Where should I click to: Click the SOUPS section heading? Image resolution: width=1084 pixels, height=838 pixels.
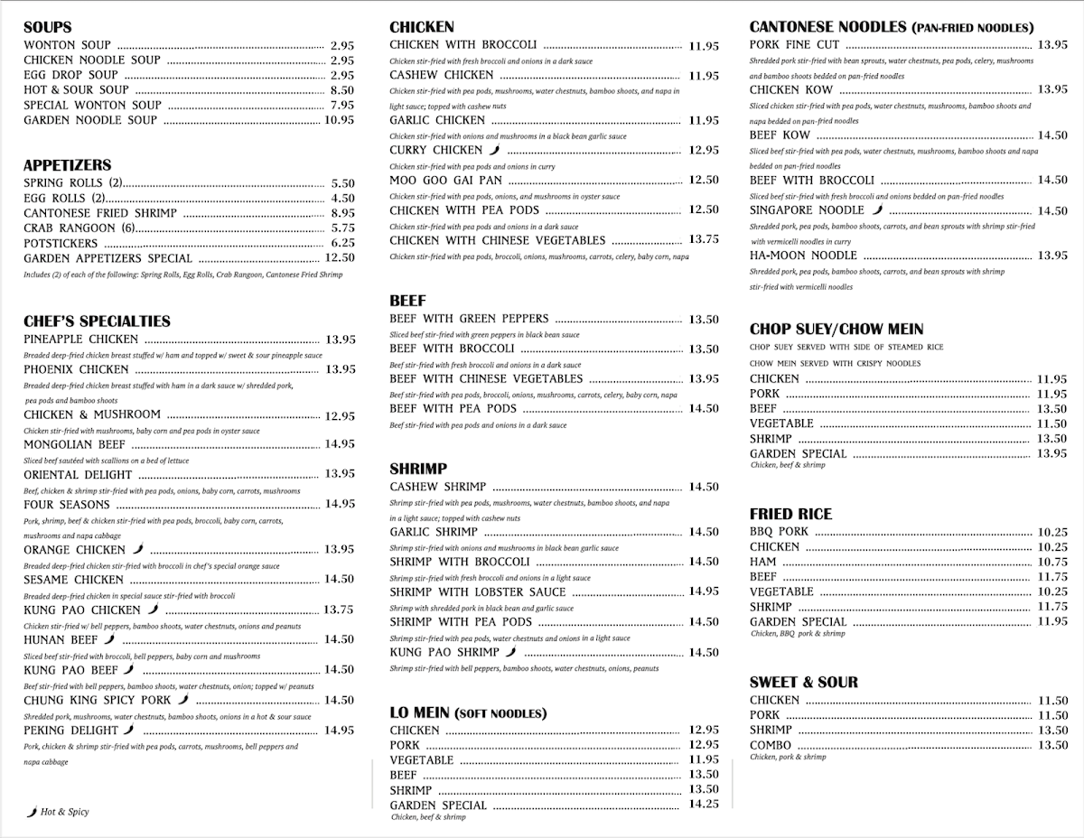(x=48, y=27)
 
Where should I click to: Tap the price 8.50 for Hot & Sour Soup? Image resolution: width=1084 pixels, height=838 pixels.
(x=341, y=90)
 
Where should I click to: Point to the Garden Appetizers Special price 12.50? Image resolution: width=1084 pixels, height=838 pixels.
(x=340, y=258)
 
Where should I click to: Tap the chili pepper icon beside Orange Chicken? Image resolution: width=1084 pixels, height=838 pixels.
(x=137, y=549)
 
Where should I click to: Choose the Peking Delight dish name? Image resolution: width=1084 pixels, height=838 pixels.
(x=71, y=731)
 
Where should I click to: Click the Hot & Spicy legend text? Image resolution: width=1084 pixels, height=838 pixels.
(x=64, y=812)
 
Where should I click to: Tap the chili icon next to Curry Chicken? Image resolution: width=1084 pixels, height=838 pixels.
(x=494, y=150)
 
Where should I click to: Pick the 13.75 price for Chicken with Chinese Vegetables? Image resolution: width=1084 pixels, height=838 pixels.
(x=704, y=240)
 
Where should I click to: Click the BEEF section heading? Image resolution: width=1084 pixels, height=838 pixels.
(x=407, y=301)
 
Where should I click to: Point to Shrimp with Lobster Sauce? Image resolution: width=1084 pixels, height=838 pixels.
(x=478, y=592)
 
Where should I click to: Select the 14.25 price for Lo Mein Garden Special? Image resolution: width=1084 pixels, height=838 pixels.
(x=704, y=805)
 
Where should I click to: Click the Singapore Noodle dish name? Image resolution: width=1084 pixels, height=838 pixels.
(x=807, y=210)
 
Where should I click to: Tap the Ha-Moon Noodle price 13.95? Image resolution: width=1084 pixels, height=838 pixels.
(x=1052, y=256)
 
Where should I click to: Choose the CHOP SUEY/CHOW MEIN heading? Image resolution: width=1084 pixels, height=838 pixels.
(x=836, y=330)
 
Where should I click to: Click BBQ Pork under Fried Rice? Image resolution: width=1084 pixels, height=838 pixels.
(x=779, y=532)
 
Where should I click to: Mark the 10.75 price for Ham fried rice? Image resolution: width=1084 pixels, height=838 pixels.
(x=1052, y=562)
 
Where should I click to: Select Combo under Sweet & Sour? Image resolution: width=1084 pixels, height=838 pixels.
(x=771, y=745)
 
